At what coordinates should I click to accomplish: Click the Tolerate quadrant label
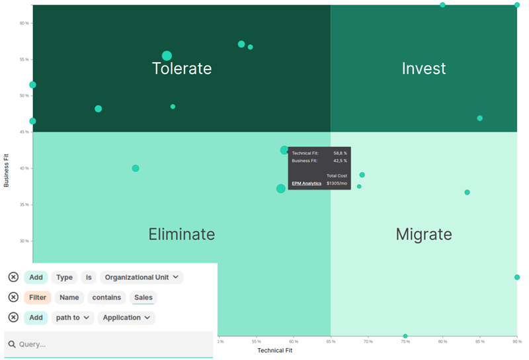(182, 68)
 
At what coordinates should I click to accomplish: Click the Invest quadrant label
(424, 68)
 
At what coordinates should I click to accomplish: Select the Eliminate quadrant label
(181, 234)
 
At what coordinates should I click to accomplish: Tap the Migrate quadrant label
(424, 234)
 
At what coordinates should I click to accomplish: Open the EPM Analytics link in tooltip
(306, 183)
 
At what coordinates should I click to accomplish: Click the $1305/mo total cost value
(337, 183)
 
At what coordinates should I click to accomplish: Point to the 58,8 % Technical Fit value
(340, 153)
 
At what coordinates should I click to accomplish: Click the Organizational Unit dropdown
(142, 277)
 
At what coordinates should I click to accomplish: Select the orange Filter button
(37, 298)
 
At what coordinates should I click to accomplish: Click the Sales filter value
(143, 298)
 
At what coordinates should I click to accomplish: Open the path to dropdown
(72, 318)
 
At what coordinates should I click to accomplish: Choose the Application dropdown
(126, 318)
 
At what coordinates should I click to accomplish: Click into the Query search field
(109, 345)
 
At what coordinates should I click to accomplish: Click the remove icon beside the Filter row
(13, 298)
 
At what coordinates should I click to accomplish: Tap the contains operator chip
(106, 298)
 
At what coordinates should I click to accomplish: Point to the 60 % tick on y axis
(24, 23)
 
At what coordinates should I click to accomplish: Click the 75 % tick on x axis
(405, 341)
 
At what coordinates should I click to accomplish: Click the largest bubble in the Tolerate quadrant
(167, 56)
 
